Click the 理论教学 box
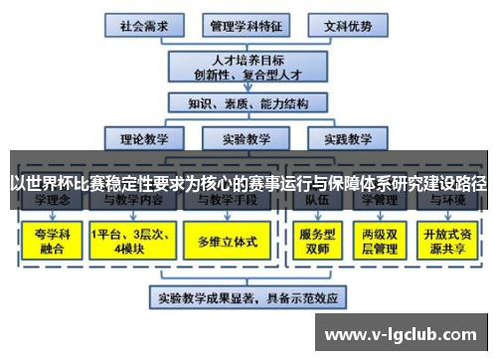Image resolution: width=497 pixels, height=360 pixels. [x=141, y=139]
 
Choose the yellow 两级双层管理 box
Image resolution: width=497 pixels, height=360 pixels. [x=382, y=241]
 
